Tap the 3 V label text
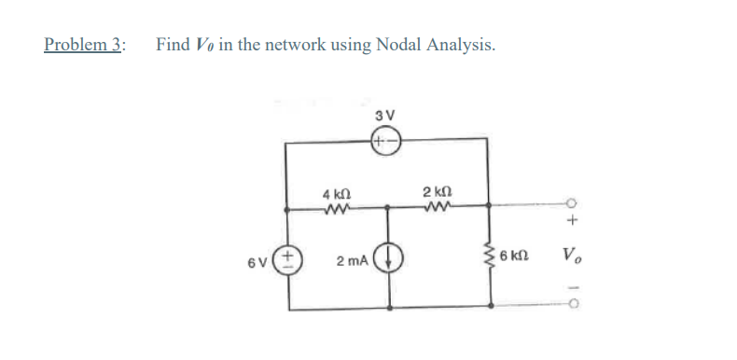pos(385,116)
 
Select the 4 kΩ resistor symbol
pos(334,209)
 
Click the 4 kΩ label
pos(333,194)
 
